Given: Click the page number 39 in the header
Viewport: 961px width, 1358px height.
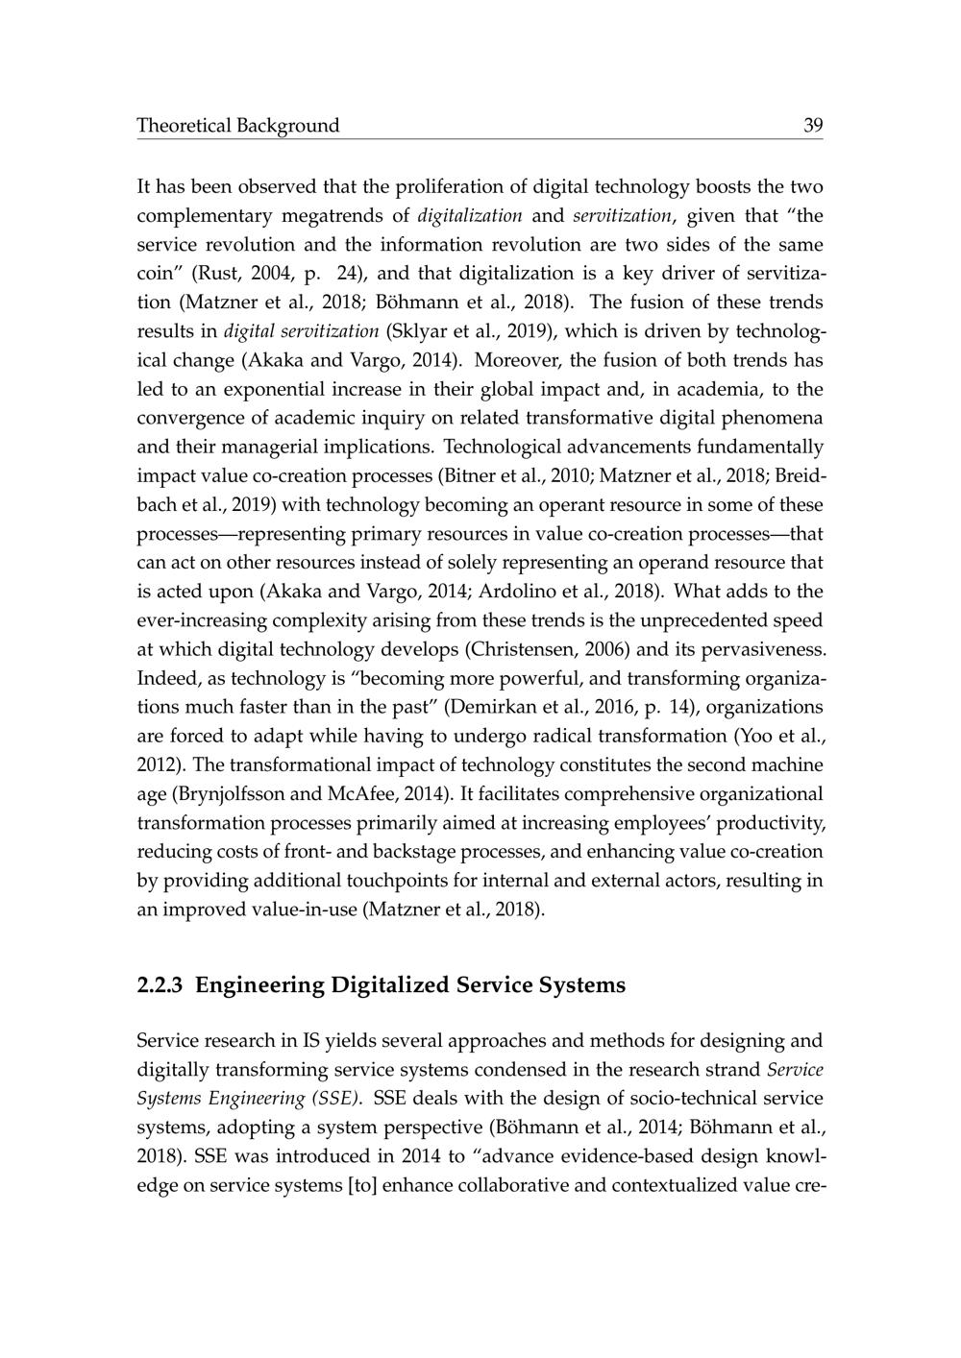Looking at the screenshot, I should [x=813, y=126].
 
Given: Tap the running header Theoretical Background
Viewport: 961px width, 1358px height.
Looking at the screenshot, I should [x=238, y=126].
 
